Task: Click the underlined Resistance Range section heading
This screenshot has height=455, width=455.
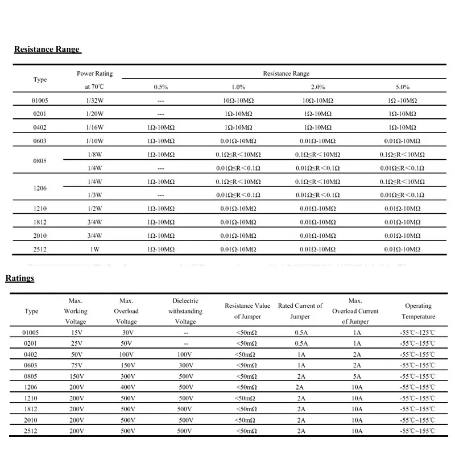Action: point(47,49)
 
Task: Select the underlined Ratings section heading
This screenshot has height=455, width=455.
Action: point(20,278)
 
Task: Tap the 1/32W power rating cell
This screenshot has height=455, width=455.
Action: point(94,100)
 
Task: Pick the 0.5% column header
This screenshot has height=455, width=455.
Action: point(160,87)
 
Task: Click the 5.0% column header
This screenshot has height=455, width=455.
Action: point(402,87)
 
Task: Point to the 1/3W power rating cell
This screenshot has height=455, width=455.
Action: point(94,195)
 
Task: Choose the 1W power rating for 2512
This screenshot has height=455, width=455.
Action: point(94,249)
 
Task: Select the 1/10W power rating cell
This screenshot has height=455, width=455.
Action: point(94,140)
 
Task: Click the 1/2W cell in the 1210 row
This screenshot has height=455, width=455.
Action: point(94,208)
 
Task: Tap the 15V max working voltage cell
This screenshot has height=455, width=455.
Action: point(76,333)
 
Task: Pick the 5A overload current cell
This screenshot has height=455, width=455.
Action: point(357,376)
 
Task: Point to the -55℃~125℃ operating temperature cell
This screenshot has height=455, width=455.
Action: point(418,333)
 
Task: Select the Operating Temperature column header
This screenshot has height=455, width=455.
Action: point(418,311)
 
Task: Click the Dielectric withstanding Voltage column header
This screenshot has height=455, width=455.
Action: point(185,311)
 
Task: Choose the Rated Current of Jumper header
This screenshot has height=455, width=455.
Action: point(300,311)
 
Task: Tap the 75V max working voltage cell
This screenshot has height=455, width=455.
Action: point(76,365)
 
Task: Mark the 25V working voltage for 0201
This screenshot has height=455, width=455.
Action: point(76,344)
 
